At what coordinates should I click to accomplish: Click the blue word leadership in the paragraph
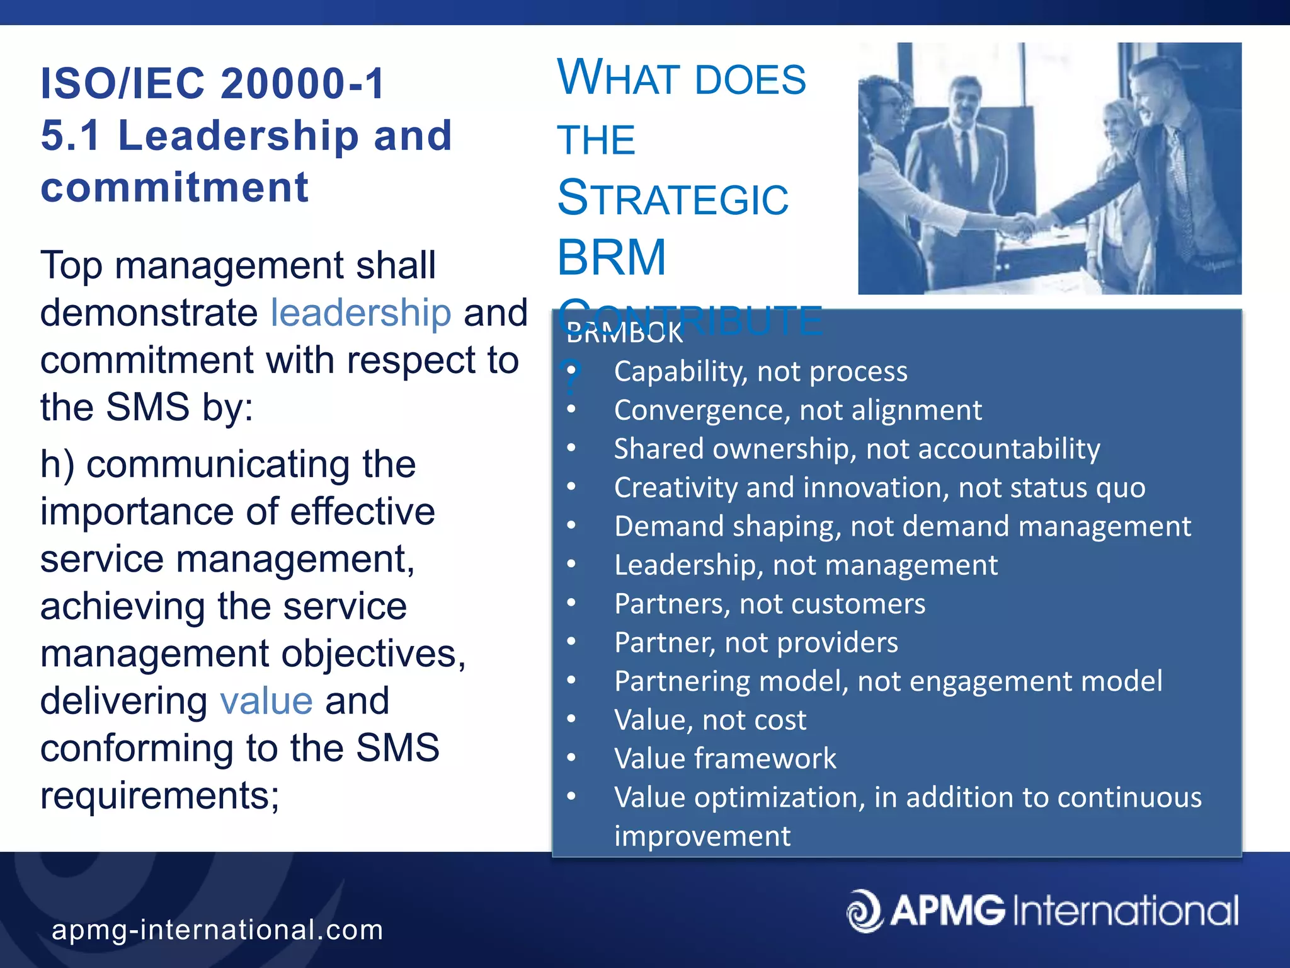click(360, 313)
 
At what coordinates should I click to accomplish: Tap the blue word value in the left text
click(266, 701)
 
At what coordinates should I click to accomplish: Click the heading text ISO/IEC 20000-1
click(212, 84)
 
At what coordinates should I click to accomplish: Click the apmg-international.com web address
click(217, 930)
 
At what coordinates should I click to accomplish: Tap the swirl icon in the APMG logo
click(865, 910)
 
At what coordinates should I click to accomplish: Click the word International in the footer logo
click(1126, 911)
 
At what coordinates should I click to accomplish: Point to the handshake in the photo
click(1024, 224)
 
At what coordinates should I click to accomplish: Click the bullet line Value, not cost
click(710, 720)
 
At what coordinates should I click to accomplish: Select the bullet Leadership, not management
click(806, 565)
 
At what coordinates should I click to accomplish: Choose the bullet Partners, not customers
click(770, 604)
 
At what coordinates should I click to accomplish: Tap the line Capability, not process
click(761, 372)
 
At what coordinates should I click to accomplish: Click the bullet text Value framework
click(725, 759)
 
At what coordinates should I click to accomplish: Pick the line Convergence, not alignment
click(797, 410)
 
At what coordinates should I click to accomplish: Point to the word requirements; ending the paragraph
click(159, 796)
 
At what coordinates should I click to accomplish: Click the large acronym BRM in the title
click(611, 258)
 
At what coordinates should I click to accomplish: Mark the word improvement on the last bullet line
click(702, 836)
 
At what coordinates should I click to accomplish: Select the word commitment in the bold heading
click(174, 188)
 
